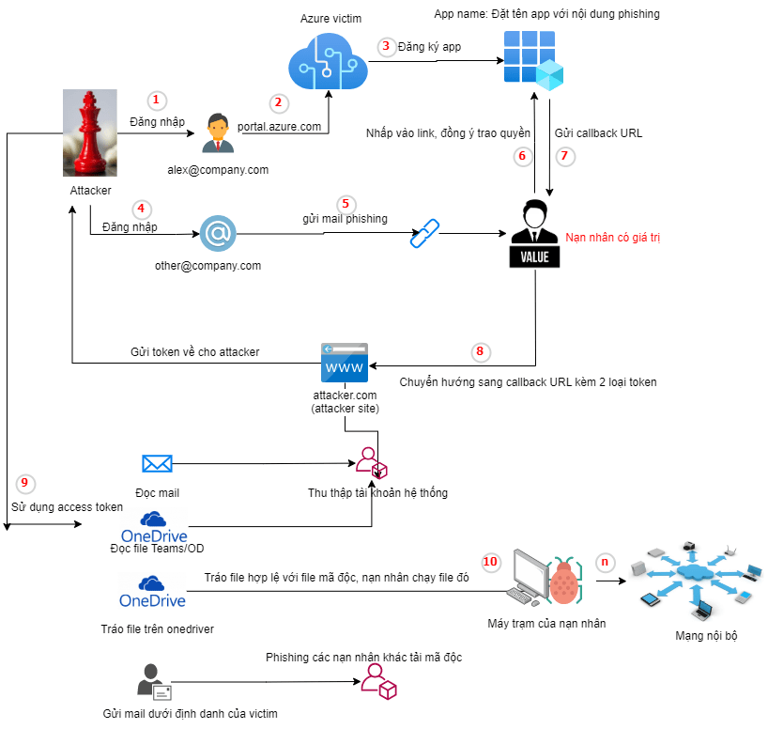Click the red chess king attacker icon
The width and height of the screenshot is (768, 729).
point(90,133)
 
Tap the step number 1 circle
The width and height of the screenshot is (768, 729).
point(158,100)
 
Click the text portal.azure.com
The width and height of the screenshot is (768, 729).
point(280,125)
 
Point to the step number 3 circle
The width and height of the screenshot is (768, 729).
point(385,46)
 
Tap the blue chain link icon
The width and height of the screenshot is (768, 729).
point(425,233)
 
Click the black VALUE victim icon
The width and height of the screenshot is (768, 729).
point(534,233)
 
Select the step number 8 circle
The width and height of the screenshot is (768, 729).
point(480,351)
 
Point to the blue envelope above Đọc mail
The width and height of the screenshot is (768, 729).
point(157,463)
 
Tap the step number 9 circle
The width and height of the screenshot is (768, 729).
point(26,483)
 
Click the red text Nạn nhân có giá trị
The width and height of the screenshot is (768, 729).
point(613,239)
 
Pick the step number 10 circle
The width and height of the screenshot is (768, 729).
point(490,562)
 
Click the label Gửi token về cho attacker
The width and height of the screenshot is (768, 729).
point(194,351)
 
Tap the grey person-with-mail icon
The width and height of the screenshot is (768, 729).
point(153,682)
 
